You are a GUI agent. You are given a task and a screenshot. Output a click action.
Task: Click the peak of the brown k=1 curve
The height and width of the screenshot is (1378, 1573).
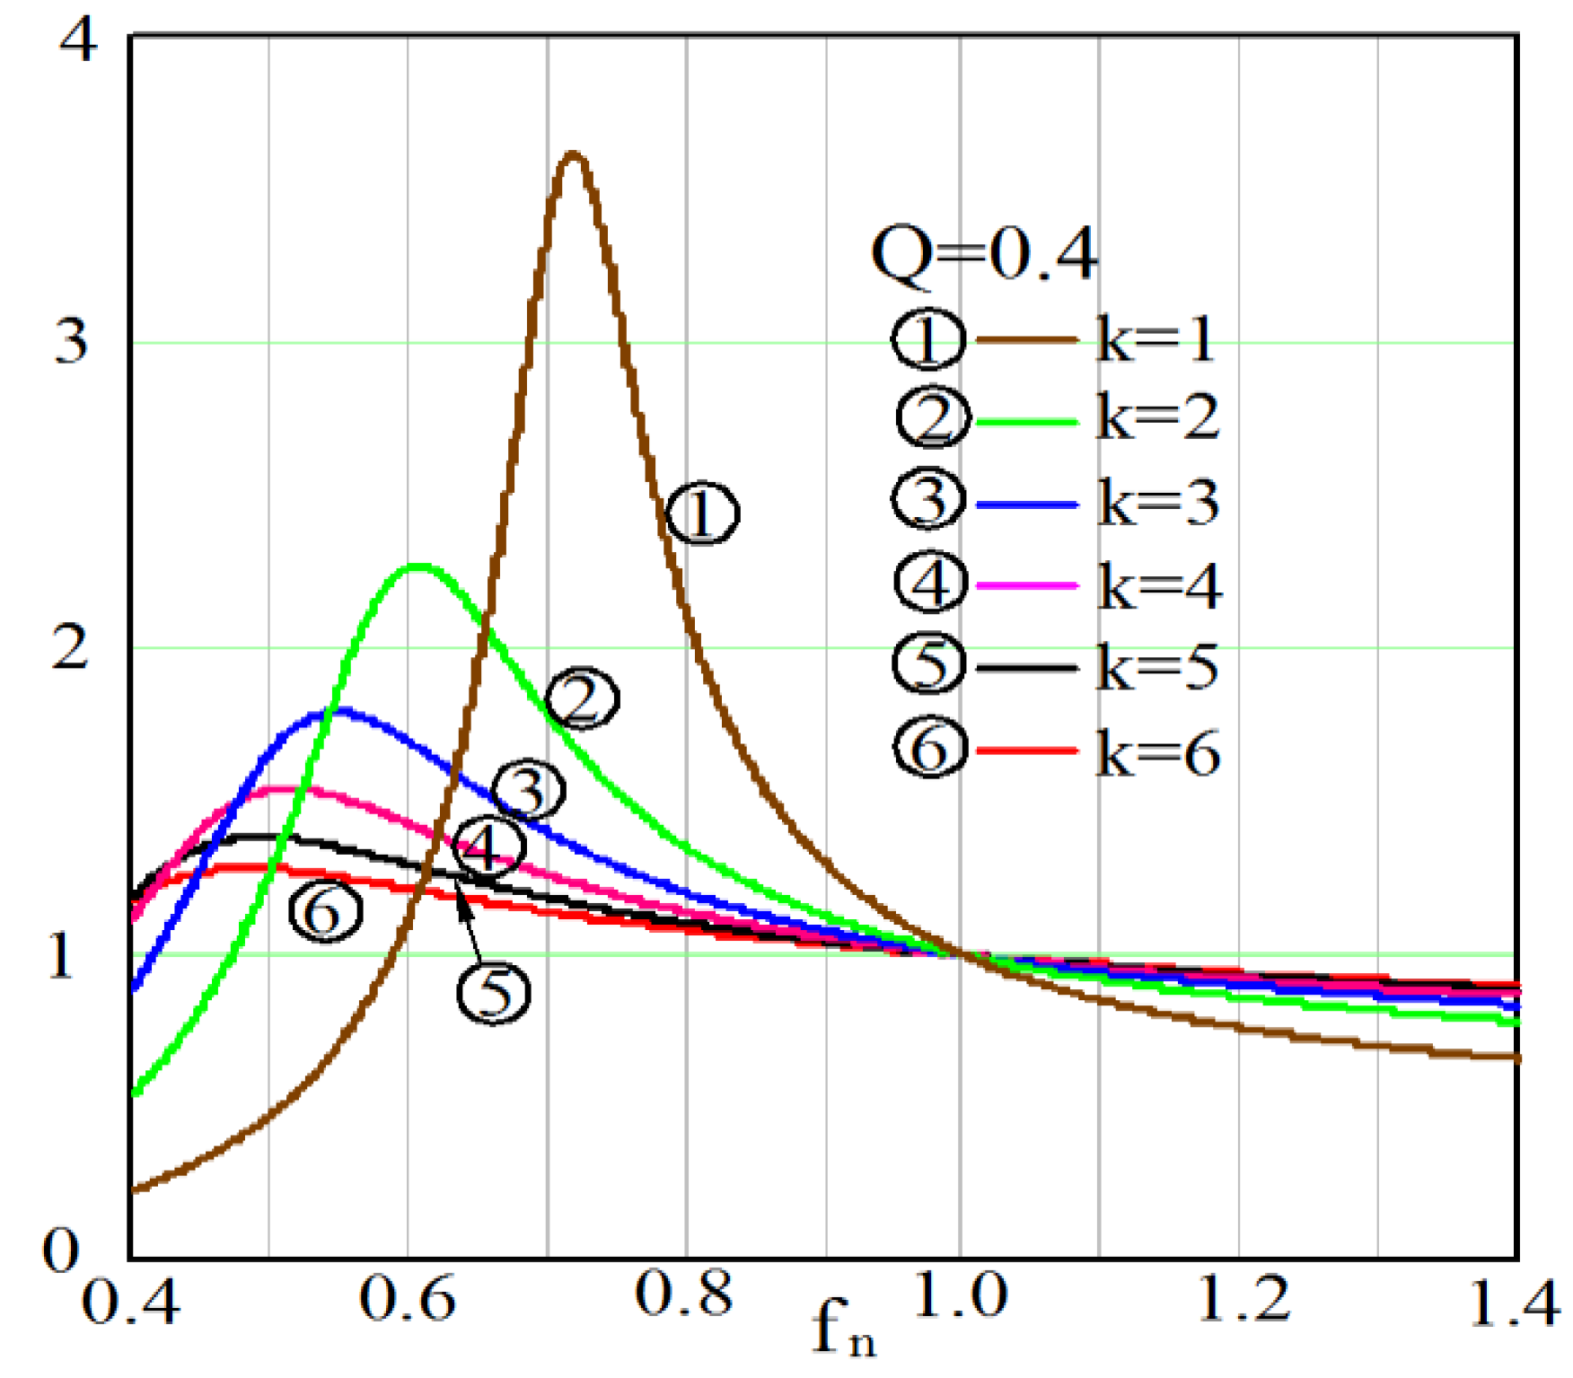tap(573, 156)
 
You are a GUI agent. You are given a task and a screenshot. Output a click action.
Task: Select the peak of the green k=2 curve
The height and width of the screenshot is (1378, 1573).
tap(418, 566)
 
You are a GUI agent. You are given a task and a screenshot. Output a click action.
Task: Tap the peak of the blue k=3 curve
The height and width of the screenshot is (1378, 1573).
tap(338, 712)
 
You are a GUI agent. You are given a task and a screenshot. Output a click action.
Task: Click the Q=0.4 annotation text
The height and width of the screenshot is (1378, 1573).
tap(984, 254)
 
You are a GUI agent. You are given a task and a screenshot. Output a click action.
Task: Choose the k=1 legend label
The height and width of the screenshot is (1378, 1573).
tap(1156, 339)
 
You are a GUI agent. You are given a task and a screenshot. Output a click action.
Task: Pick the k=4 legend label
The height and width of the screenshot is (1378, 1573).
tap(1159, 586)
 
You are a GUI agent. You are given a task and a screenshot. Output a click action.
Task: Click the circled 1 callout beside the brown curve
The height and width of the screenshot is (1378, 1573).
tap(703, 513)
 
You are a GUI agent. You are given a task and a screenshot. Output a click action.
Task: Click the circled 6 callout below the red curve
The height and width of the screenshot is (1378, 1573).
tap(325, 911)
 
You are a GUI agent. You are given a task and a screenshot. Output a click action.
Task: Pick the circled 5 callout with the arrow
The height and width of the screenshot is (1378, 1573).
tap(494, 993)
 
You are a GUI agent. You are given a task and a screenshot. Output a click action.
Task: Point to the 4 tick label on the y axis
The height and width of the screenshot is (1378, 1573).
tap(76, 40)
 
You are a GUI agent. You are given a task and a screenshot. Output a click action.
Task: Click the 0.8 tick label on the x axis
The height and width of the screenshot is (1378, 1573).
tap(683, 1295)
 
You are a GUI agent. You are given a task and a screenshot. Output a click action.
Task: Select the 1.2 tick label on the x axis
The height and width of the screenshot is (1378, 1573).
tap(1244, 1297)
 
